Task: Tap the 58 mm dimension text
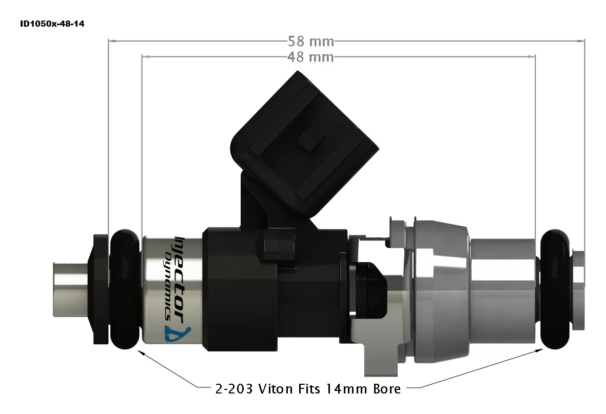pyautogui.click(x=310, y=41)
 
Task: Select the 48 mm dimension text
pyautogui.click(x=310, y=57)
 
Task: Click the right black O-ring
pyautogui.click(x=556, y=290)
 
